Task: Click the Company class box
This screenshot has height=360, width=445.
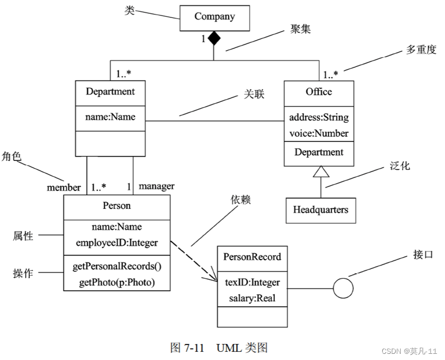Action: pos(215,17)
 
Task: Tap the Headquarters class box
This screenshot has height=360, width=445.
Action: pos(321,210)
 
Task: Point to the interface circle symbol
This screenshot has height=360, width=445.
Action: pos(343,288)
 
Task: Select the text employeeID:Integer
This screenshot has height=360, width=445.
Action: pos(117,243)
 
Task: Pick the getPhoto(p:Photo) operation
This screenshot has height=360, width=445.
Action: pos(117,282)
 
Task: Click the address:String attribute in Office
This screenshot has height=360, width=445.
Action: pos(319,117)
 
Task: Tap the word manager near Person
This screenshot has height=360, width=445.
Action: pos(156,186)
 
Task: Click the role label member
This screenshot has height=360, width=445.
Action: pos(64,187)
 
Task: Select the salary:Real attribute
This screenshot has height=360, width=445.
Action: pos(253,298)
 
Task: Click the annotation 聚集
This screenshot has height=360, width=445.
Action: pos(297,29)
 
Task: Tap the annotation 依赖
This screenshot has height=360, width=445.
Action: pos(240,200)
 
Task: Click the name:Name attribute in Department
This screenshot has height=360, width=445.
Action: pos(110,117)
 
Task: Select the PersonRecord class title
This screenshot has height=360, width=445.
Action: pos(253,257)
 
